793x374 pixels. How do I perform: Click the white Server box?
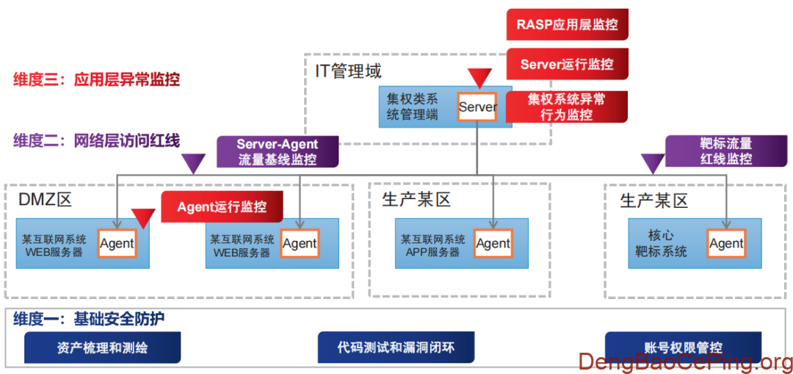pyautogui.click(x=477, y=107)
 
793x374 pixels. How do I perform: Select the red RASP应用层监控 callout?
pyautogui.click(x=567, y=25)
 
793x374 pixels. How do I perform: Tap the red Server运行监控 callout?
pyautogui.click(x=567, y=64)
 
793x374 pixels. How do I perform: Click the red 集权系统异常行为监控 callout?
pyautogui.click(x=566, y=107)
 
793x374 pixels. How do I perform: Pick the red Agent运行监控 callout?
pyautogui.click(x=222, y=206)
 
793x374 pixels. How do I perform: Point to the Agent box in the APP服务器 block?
pyautogui.click(x=493, y=244)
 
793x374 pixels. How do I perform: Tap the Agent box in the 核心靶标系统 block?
pyautogui.click(x=726, y=244)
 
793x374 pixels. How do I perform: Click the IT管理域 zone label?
pyautogui.click(x=349, y=71)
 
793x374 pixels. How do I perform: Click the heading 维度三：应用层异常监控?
pyautogui.click(x=96, y=79)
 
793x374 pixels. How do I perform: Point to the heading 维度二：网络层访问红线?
pyautogui.click(x=96, y=140)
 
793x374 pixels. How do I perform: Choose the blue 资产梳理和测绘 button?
pyautogui.click(x=102, y=348)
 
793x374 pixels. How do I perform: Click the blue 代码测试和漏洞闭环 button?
pyautogui.click(x=396, y=347)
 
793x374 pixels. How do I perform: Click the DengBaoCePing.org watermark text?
pyautogui.click(x=686, y=362)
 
